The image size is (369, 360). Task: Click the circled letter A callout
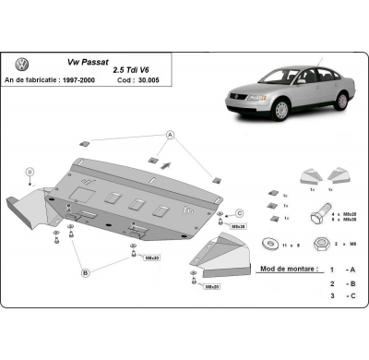coord(170,135)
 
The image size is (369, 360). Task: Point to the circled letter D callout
coord(30,171)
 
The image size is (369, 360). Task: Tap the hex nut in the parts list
coord(324,243)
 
